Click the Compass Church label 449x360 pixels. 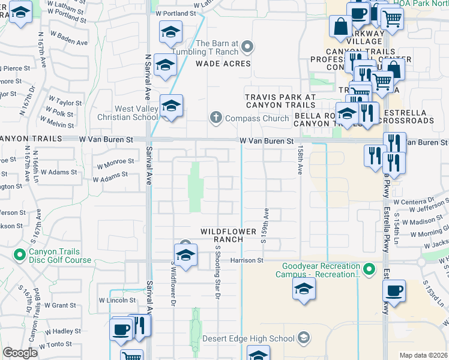(x=256, y=118)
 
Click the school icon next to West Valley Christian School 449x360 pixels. (x=171, y=106)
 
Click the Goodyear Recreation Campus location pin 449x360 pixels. (x=369, y=269)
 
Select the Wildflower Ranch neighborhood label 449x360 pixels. (x=221, y=235)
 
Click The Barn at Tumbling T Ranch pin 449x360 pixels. (x=246, y=44)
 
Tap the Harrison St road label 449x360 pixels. (x=248, y=260)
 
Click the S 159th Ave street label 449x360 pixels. (x=263, y=226)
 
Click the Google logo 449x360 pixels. (x=19, y=353)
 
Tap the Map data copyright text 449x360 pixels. (x=423, y=355)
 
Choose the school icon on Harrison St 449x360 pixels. (x=185, y=253)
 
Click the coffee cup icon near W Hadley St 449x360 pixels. (x=121, y=329)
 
